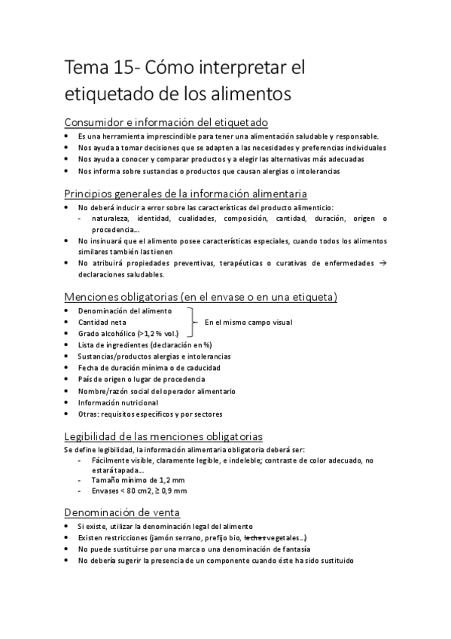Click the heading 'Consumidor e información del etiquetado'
pos(166,122)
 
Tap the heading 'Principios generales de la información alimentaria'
pos(185,193)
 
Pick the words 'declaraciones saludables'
pos(120,274)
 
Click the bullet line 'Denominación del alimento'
pos(124,310)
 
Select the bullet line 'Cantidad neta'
pos(102,322)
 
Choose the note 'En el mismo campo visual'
pos(248,323)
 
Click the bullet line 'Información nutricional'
pos(117,402)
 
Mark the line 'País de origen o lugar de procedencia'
pos(141,379)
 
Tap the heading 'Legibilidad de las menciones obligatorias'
pos(163,436)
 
